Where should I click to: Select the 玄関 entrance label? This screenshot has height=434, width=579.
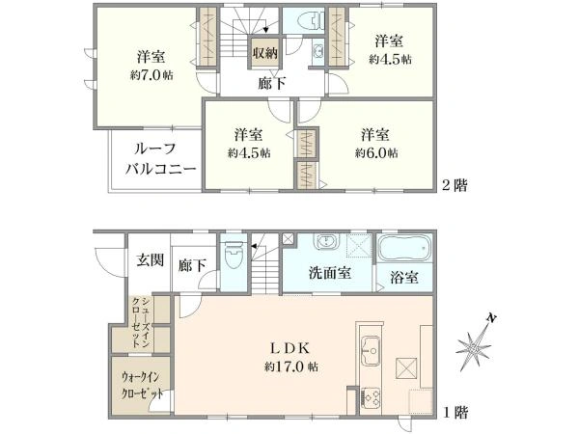point(150,259)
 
